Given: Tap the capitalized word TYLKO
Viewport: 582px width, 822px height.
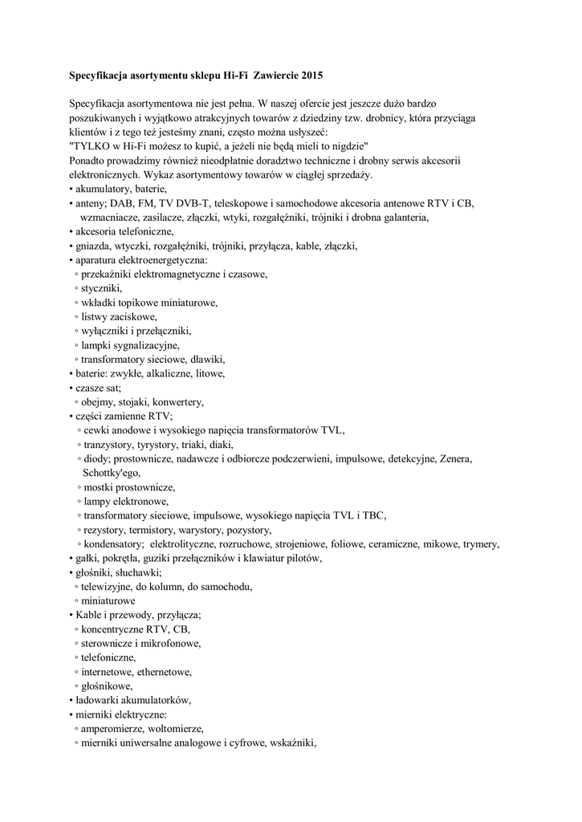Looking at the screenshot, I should (95, 145).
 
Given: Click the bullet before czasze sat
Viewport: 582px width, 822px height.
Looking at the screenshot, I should (71, 388).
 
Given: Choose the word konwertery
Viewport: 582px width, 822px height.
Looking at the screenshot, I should (180, 401).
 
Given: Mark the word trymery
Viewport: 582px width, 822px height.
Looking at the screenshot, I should (480, 543).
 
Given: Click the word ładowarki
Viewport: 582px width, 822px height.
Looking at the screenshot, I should (99, 699).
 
